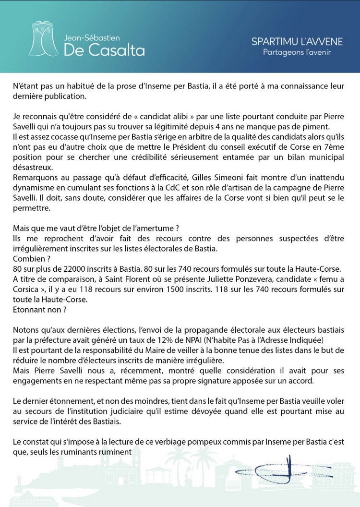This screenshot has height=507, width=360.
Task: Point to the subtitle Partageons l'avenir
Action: pos(297,52)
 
